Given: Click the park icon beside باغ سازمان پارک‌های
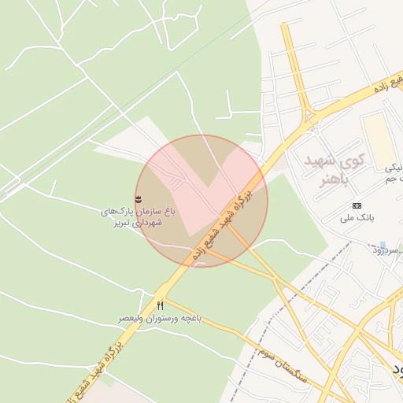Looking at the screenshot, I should [139, 197].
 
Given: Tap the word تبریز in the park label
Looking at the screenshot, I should [115, 224].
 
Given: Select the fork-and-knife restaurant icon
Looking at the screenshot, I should [161, 305].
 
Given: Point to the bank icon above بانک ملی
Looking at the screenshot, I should [357, 205].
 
